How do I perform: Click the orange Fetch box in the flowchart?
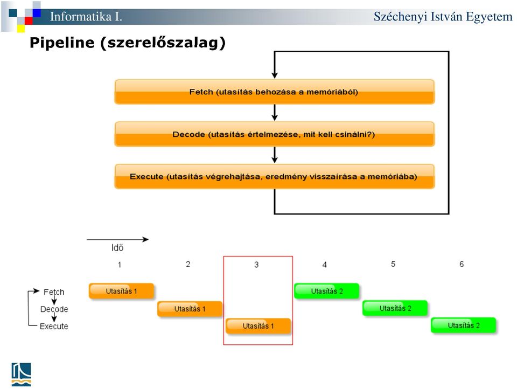[x=274, y=92]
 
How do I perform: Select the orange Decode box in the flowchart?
[x=274, y=134]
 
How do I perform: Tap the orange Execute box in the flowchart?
[x=274, y=177]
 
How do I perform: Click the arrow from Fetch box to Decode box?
[x=274, y=113]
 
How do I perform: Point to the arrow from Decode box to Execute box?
[x=274, y=155]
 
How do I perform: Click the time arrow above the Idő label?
[x=118, y=240]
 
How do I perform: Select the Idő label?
[x=117, y=248]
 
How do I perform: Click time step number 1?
[x=120, y=265]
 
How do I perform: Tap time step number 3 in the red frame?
[x=256, y=265]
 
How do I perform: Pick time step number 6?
[x=462, y=264]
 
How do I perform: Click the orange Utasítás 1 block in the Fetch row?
[x=121, y=291]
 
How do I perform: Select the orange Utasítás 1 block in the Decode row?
[x=190, y=309]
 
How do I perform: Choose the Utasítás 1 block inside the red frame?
[x=258, y=326]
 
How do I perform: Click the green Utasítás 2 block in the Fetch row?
[x=327, y=291]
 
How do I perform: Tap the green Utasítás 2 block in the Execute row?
[x=464, y=325]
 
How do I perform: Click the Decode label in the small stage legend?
[x=54, y=309]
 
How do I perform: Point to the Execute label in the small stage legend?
[x=54, y=327]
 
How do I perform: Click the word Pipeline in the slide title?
[x=62, y=43]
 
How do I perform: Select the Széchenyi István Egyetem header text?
[x=443, y=17]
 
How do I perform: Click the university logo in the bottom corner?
[x=22, y=374]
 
